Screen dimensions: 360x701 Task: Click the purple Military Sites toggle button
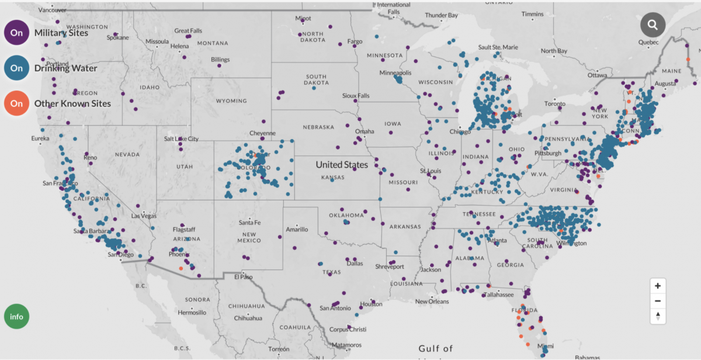(x=16, y=33)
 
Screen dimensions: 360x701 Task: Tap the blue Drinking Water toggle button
(x=16, y=68)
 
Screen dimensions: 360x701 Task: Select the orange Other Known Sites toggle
(x=16, y=103)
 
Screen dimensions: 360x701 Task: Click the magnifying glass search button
(x=653, y=25)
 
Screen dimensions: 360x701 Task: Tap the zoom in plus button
(x=658, y=286)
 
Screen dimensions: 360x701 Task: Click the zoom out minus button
(x=658, y=301)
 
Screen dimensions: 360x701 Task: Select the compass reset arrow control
(x=658, y=316)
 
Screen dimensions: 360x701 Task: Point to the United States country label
(x=342, y=165)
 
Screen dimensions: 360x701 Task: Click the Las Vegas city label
(x=144, y=216)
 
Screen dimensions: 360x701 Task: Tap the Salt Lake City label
(x=181, y=139)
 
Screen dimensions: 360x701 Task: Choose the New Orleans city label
(x=432, y=302)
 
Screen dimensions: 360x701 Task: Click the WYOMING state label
(x=231, y=101)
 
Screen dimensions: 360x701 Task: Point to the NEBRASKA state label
(x=318, y=127)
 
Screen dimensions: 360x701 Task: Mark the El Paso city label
(x=243, y=277)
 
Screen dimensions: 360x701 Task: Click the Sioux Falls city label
(x=356, y=95)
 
